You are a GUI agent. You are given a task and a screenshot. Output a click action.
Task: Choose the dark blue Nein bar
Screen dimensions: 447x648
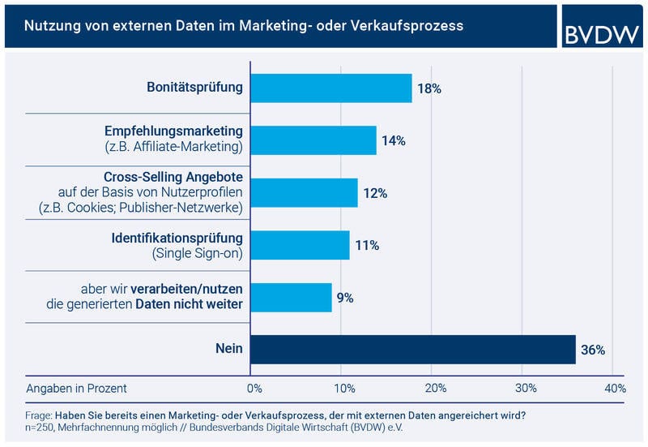click(x=412, y=350)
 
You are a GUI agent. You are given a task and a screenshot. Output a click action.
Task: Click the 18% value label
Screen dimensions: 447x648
click(x=429, y=88)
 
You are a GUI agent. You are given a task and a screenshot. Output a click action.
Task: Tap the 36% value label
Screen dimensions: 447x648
click(x=592, y=350)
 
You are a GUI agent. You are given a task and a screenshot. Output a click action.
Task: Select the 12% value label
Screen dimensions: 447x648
click(x=375, y=193)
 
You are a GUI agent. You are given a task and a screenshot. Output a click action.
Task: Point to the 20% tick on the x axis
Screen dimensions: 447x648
click(x=434, y=389)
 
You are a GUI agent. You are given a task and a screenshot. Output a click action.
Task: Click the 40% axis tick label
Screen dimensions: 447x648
click(x=614, y=389)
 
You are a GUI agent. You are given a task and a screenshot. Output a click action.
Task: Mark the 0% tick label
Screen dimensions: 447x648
click(x=254, y=389)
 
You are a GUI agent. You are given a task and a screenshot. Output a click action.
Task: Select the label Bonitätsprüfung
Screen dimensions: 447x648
click(x=194, y=87)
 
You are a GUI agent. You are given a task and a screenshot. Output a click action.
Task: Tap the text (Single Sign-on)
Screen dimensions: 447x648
click(x=198, y=253)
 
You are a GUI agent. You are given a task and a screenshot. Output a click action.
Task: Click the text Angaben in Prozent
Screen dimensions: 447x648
click(x=77, y=389)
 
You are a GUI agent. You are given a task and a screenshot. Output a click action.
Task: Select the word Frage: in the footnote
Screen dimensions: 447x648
click(x=38, y=415)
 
